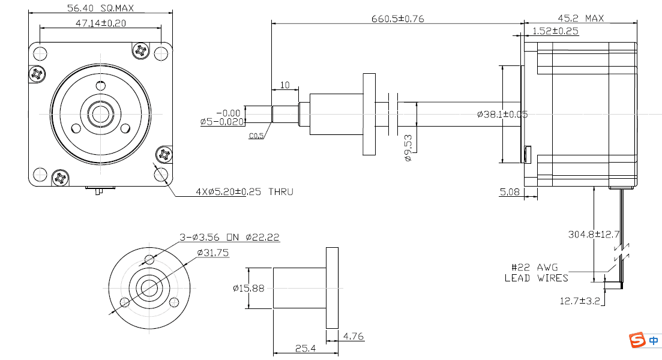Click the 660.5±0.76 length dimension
(x=397, y=19)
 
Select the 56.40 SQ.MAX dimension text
(x=100, y=8)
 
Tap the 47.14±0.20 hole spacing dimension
(x=100, y=23)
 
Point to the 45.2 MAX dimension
(x=580, y=19)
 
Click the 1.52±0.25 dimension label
(x=555, y=31)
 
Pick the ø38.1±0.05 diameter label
(x=502, y=114)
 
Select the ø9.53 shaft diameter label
(x=408, y=148)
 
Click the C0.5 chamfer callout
(x=256, y=136)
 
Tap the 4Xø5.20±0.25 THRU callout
(x=244, y=192)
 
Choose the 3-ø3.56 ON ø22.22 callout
(x=230, y=238)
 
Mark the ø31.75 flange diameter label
(x=213, y=253)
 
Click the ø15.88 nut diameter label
(x=248, y=289)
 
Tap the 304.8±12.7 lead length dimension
(x=593, y=234)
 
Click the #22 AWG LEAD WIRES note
(x=535, y=272)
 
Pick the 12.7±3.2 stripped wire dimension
(x=580, y=301)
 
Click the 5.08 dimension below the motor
(x=510, y=192)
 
